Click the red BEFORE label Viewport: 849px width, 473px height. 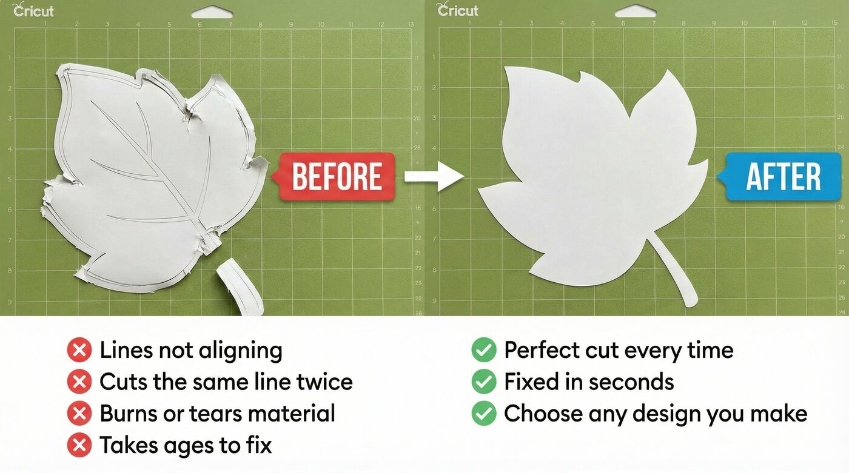click(x=337, y=176)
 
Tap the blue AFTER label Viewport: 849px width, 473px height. click(x=783, y=177)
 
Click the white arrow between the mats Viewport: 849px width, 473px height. click(x=433, y=176)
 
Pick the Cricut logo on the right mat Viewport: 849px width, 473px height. click(x=458, y=10)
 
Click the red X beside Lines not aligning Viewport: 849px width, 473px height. click(x=79, y=350)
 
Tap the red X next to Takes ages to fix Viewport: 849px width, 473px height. click(x=79, y=445)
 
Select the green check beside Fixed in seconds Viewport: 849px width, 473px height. click(x=483, y=382)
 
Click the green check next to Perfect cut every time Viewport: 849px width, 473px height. click(x=483, y=350)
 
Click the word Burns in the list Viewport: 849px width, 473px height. click(x=127, y=414)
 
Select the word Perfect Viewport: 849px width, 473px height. click(x=542, y=350)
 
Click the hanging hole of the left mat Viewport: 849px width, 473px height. click(x=212, y=12)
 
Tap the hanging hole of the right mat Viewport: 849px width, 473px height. click(x=636, y=12)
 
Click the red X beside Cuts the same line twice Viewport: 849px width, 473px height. click(x=79, y=382)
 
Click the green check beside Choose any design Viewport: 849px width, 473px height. click(x=483, y=414)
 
